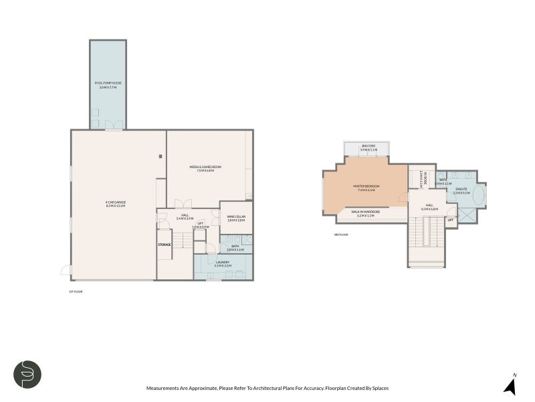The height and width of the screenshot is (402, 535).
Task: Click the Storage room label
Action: [x=165, y=245]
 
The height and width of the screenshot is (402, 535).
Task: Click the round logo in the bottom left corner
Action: [x=28, y=375]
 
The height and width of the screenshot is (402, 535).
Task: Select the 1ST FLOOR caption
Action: [x=76, y=291]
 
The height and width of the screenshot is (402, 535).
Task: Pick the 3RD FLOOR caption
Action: [x=340, y=234]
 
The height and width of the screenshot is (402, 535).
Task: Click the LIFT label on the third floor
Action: [x=451, y=220]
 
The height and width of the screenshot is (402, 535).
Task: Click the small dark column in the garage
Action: [x=160, y=157]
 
